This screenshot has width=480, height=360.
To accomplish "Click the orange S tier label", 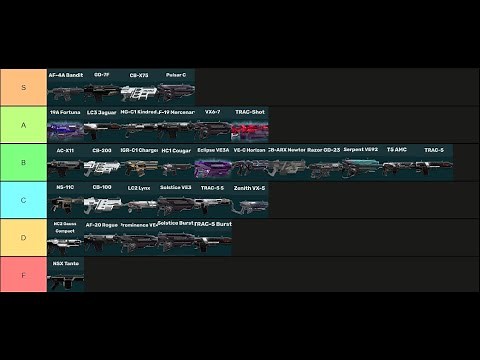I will click(x=23, y=88).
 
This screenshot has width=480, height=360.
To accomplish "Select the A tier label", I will click(x=23, y=125).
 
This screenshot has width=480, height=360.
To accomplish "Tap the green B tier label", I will click(x=23, y=162).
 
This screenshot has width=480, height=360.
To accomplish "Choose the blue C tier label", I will click(x=23, y=200).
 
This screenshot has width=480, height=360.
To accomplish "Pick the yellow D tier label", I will click(x=23, y=237).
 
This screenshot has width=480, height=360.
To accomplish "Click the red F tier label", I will click(x=23, y=274).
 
